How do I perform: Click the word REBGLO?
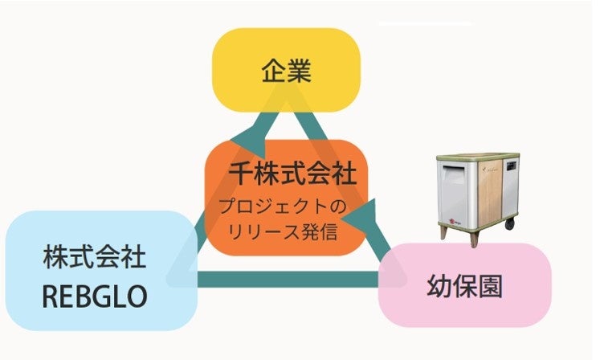click(95, 296)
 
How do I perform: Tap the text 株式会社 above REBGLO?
click(95, 260)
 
